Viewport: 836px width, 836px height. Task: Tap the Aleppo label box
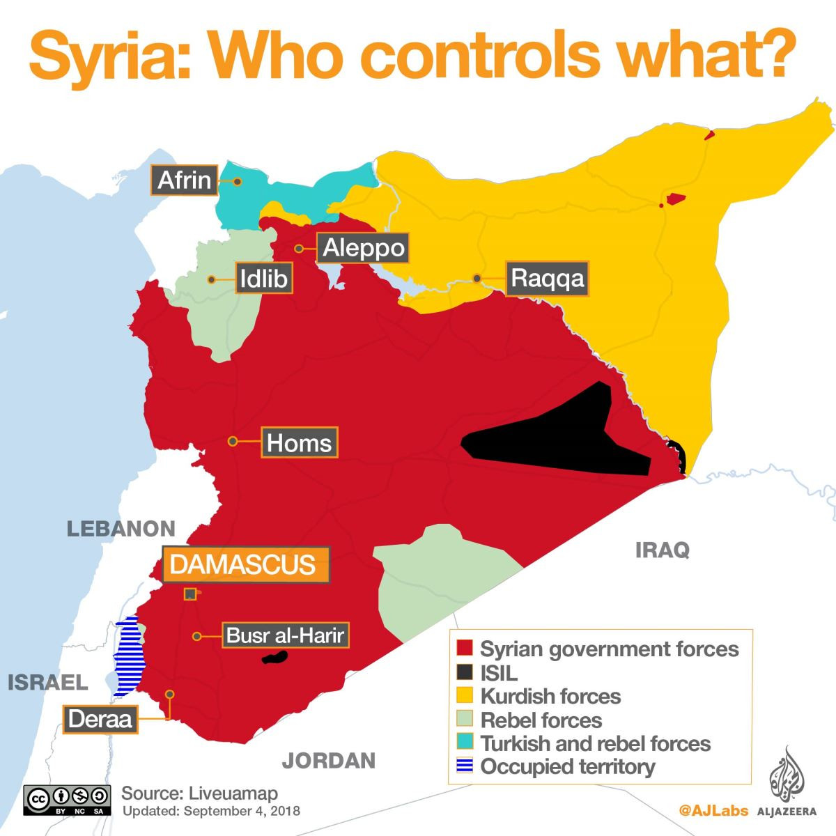point(364,248)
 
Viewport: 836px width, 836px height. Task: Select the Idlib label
point(263,279)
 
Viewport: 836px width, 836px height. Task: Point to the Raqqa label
point(547,279)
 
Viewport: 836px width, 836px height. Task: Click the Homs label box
point(299,442)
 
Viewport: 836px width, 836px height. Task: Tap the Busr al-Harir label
point(284,635)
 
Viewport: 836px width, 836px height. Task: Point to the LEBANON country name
point(121,529)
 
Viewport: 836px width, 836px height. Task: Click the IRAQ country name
point(662,550)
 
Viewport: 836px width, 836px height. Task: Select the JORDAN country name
point(328,760)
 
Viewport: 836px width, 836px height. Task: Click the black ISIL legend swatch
point(464,672)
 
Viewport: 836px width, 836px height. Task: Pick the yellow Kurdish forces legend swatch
point(464,695)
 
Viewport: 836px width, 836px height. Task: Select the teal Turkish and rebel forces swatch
point(464,743)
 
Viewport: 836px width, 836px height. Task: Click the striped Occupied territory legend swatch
point(464,766)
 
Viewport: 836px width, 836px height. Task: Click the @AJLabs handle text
point(713,810)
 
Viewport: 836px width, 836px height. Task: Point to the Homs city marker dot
point(233,441)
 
